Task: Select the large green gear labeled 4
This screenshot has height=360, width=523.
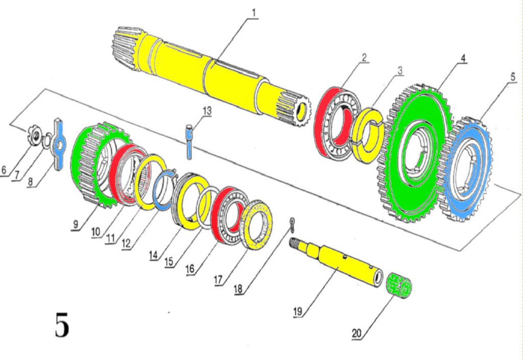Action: click(393, 169)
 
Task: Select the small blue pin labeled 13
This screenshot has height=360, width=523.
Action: click(189, 138)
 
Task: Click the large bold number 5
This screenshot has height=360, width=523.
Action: click(61, 326)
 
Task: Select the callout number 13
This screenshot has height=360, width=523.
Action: click(206, 110)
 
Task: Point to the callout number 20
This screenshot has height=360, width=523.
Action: click(357, 333)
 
